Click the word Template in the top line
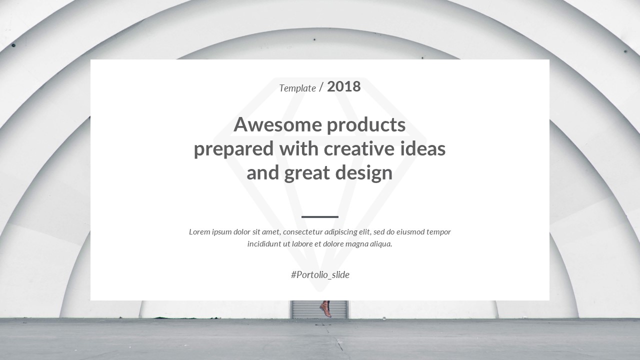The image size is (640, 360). (297, 88)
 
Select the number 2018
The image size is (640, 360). (343, 86)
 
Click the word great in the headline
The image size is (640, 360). (306, 173)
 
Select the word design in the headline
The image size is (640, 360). (363, 173)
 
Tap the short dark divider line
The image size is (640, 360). (320, 217)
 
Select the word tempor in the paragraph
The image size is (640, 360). (438, 232)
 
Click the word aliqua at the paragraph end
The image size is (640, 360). (380, 244)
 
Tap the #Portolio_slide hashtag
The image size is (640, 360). (320, 274)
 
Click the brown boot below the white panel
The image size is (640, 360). (325, 308)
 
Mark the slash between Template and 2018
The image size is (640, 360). (321, 88)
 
